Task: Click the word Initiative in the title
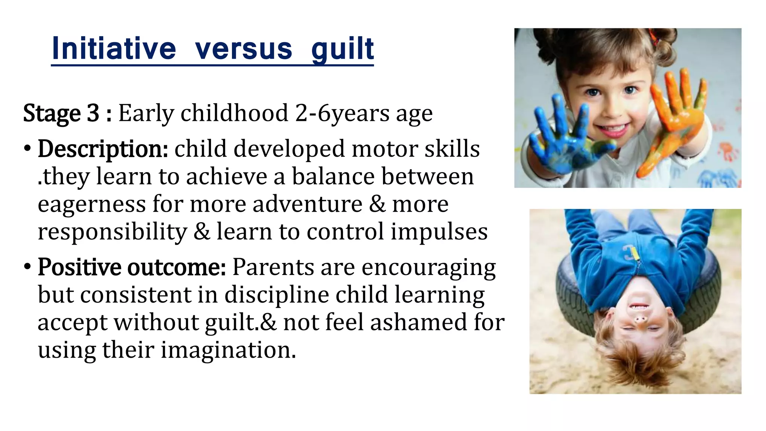114,49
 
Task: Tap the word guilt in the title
342,49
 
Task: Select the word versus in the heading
243,49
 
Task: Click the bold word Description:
103,149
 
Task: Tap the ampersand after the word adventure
377,204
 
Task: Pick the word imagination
228,350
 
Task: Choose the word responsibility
112,232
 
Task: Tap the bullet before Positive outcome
27,267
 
